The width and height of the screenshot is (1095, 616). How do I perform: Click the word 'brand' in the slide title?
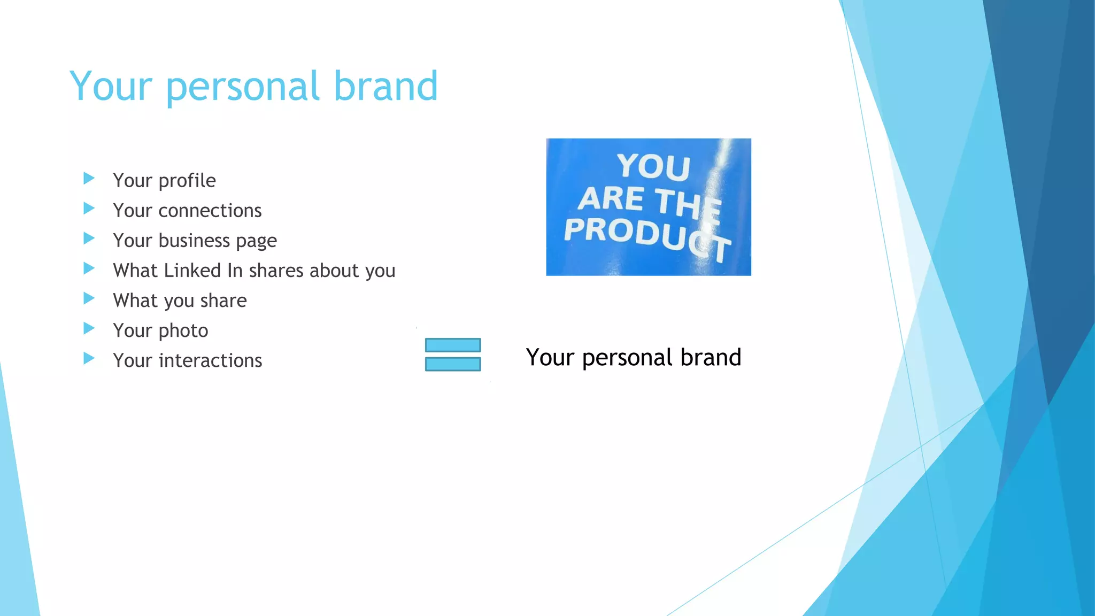click(385, 86)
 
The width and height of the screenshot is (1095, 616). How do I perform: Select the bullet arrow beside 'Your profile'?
click(89, 178)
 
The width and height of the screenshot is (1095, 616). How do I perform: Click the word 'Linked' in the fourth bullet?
click(192, 271)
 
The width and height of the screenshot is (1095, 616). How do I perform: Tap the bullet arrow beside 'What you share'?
click(89, 298)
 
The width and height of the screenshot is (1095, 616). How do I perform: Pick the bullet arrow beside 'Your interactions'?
click(89, 358)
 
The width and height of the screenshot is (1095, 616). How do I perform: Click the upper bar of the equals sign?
click(453, 345)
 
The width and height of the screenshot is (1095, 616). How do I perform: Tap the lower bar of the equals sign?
click(453, 364)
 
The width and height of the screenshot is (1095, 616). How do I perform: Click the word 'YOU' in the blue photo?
click(653, 166)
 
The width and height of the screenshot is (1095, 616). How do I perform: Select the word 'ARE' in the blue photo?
click(611, 198)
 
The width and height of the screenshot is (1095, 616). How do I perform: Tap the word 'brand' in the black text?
click(711, 357)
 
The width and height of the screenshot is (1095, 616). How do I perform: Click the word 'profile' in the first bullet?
click(187, 181)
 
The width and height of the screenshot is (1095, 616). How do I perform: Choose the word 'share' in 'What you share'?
click(223, 301)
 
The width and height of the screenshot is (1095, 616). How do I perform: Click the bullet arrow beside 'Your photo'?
click(89, 328)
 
